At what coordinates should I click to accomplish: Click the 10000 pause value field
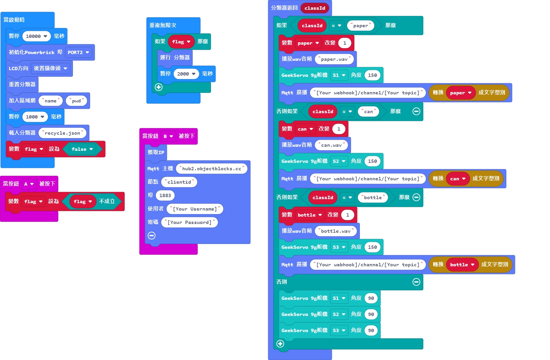36,36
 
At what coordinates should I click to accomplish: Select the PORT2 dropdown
78,52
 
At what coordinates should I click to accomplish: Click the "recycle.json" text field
62,133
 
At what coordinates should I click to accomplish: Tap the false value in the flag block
82,149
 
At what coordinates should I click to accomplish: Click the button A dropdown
29,184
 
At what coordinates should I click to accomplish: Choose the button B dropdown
168,136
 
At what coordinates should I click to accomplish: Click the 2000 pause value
186,74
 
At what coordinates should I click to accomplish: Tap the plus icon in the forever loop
159,87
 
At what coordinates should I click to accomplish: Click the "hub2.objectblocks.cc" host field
212,169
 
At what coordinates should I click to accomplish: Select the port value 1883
165,195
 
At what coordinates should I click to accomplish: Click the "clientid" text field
179,182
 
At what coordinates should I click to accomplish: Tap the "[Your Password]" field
189,222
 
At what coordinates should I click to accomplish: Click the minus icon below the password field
152,236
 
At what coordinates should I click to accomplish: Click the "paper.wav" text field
334,59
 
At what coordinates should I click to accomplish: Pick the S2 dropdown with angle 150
339,161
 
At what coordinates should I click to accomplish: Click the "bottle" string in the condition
373,197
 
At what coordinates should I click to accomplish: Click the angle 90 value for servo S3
371,330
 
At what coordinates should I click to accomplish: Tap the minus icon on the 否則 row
416,282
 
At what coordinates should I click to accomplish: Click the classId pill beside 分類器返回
315,8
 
